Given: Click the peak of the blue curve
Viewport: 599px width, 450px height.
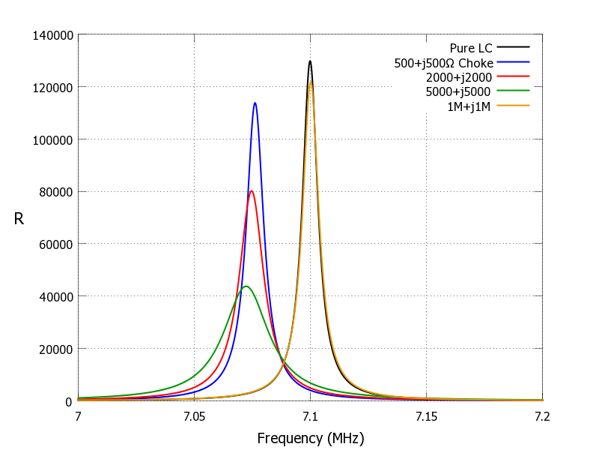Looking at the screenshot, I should (255, 103).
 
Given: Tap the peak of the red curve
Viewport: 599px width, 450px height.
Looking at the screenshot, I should (252, 191).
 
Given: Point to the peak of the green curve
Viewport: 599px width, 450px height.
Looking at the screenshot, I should (246, 286).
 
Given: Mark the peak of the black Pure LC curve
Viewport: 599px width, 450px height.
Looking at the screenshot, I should (310, 61).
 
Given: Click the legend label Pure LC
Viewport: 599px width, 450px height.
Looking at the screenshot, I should (471, 49).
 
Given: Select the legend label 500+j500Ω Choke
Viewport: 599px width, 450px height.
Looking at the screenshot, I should (443, 63).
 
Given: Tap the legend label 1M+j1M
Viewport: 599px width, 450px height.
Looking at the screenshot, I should (469, 106).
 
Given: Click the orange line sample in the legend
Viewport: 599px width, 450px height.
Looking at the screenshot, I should (513, 106).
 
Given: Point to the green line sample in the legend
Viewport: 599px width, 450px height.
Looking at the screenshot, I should (513, 91).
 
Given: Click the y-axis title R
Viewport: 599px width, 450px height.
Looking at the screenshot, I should (19, 219).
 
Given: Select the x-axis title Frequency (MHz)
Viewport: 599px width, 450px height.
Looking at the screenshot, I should (311, 438).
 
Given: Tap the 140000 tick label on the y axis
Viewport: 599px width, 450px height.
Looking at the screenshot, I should (52, 35).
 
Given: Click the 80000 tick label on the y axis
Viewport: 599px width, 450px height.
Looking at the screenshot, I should (55, 192).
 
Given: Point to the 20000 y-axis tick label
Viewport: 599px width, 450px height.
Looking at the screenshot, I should (55, 349).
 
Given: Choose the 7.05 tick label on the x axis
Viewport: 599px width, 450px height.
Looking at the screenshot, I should (194, 415).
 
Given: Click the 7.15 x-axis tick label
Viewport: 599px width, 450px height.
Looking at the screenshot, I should (427, 415).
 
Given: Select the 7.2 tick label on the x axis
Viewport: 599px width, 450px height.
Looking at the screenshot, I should (543, 415).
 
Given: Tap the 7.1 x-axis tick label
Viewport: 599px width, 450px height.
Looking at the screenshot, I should (311, 415).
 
